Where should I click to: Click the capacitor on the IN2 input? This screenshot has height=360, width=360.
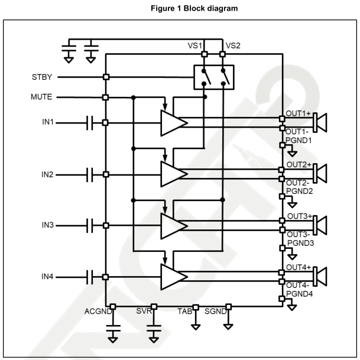pos(90,174)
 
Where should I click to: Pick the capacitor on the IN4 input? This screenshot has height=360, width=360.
pos(90,277)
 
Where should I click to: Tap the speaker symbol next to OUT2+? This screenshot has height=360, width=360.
pos(321,173)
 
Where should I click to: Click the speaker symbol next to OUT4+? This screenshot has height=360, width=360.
pos(321,276)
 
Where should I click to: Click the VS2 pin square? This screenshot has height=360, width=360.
pos(223,55)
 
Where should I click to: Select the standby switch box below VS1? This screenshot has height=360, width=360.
pos(214,77)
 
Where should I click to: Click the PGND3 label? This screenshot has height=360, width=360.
pos(300,243)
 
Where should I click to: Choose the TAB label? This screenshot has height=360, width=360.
pos(184,310)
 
